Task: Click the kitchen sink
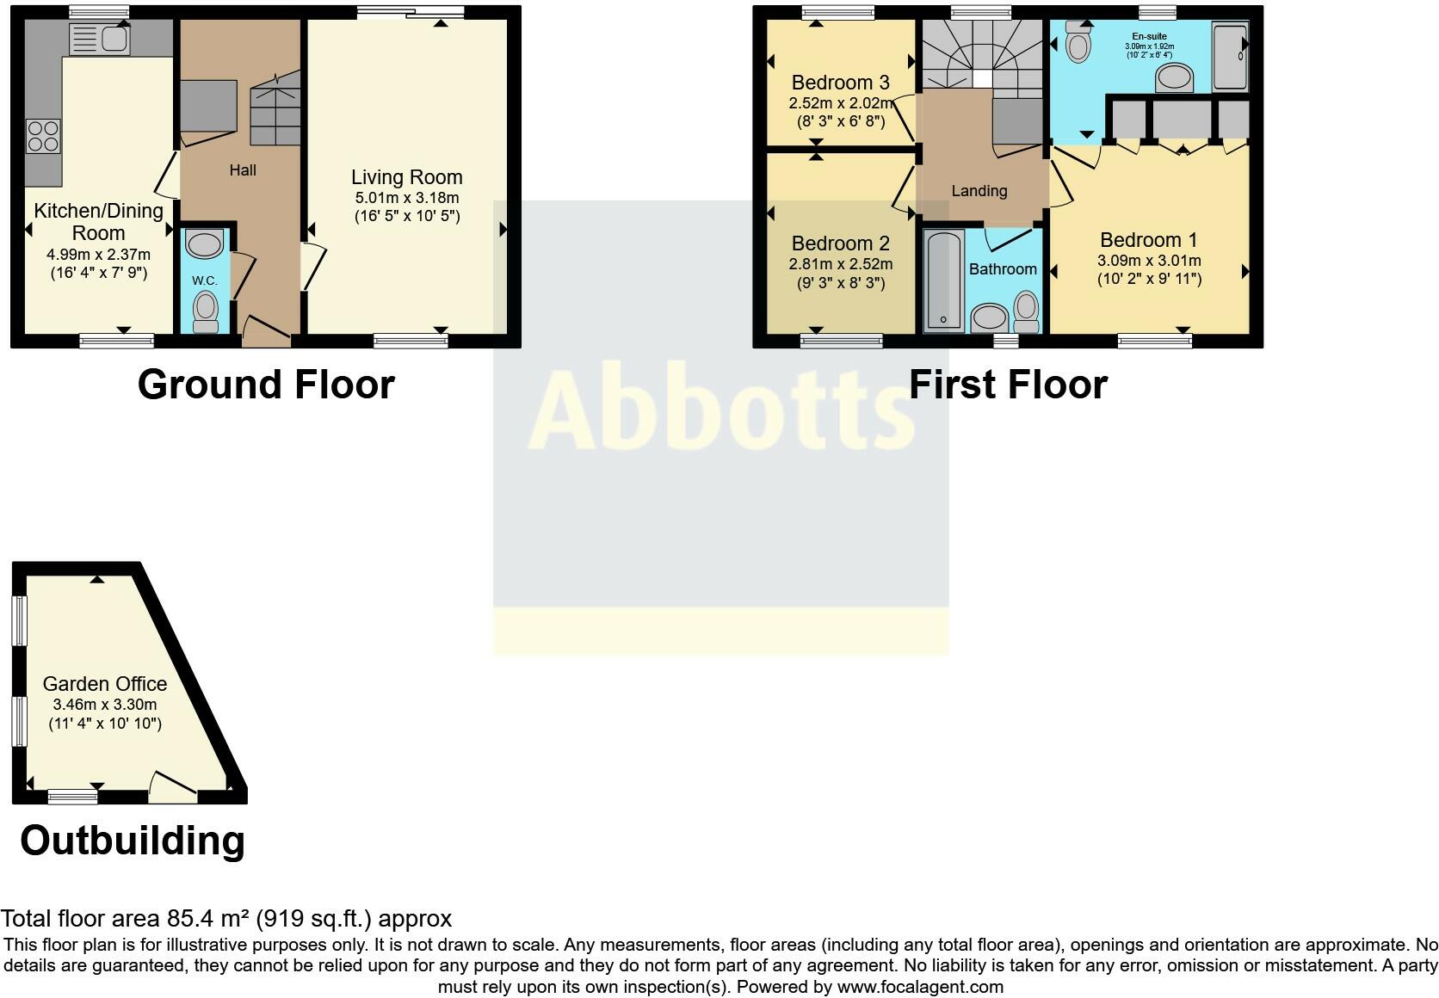click(x=100, y=40)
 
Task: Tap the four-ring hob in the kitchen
click(x=43, y=136)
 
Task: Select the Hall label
click(x=243, y=170)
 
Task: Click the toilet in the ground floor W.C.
click(x=206, y=312)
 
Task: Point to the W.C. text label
click(x=205, y=280)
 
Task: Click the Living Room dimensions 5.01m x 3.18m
click(x=407, y=198)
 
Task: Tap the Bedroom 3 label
click(x=840, y=83)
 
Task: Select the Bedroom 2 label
click(x=840, y=243)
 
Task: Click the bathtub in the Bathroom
click(x=943, y=280)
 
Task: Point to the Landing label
click(x=979, y=191)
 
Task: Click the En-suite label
click(x=1149, y=37)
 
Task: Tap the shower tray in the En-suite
click(x=1230, y=56)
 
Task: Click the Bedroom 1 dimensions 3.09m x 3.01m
click(x=1149, y=261)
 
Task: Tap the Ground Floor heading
click(x=266, y=385)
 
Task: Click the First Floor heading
click(x=1008, y=385)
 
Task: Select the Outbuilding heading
click(x=133, y=841)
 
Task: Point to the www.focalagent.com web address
click(x=920, y=987)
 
